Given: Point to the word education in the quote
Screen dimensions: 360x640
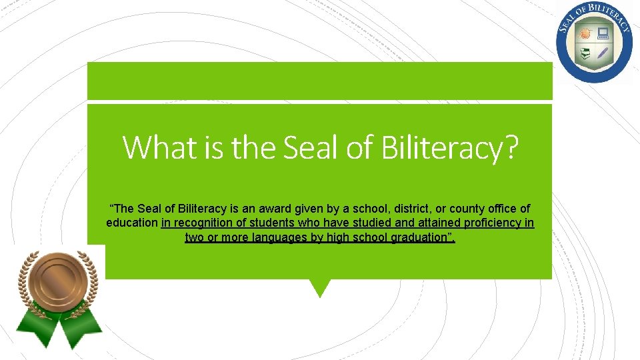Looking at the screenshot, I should click(x=131, y=223).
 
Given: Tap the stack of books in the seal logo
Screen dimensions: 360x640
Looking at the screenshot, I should click(x=585, y=53).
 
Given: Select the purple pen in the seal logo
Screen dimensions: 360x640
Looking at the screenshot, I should click(x=603, y=52).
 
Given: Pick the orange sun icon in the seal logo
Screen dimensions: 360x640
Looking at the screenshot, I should click(x=586, y=33).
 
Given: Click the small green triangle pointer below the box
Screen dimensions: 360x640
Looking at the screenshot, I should click(x=320, y=287).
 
